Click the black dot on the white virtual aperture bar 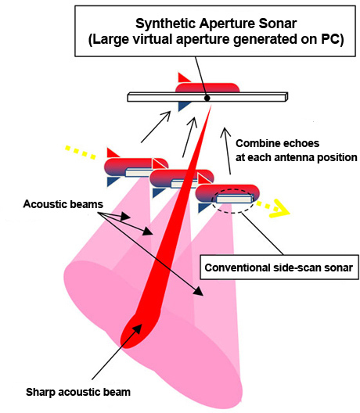(207, 99)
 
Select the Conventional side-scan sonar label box (279, 267)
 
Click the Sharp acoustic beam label (78, 392)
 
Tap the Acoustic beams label (63, 204)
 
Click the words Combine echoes (277, 144)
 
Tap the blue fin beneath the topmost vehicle (183, 106)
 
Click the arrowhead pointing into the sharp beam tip (136, 329)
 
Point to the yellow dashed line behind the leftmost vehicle (80, 152)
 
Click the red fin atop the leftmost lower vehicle (112, 153)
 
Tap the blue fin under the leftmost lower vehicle (113, 181)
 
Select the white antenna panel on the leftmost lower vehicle (138, 172)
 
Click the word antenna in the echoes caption (293, 157)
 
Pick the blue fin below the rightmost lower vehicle (204, 207)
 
